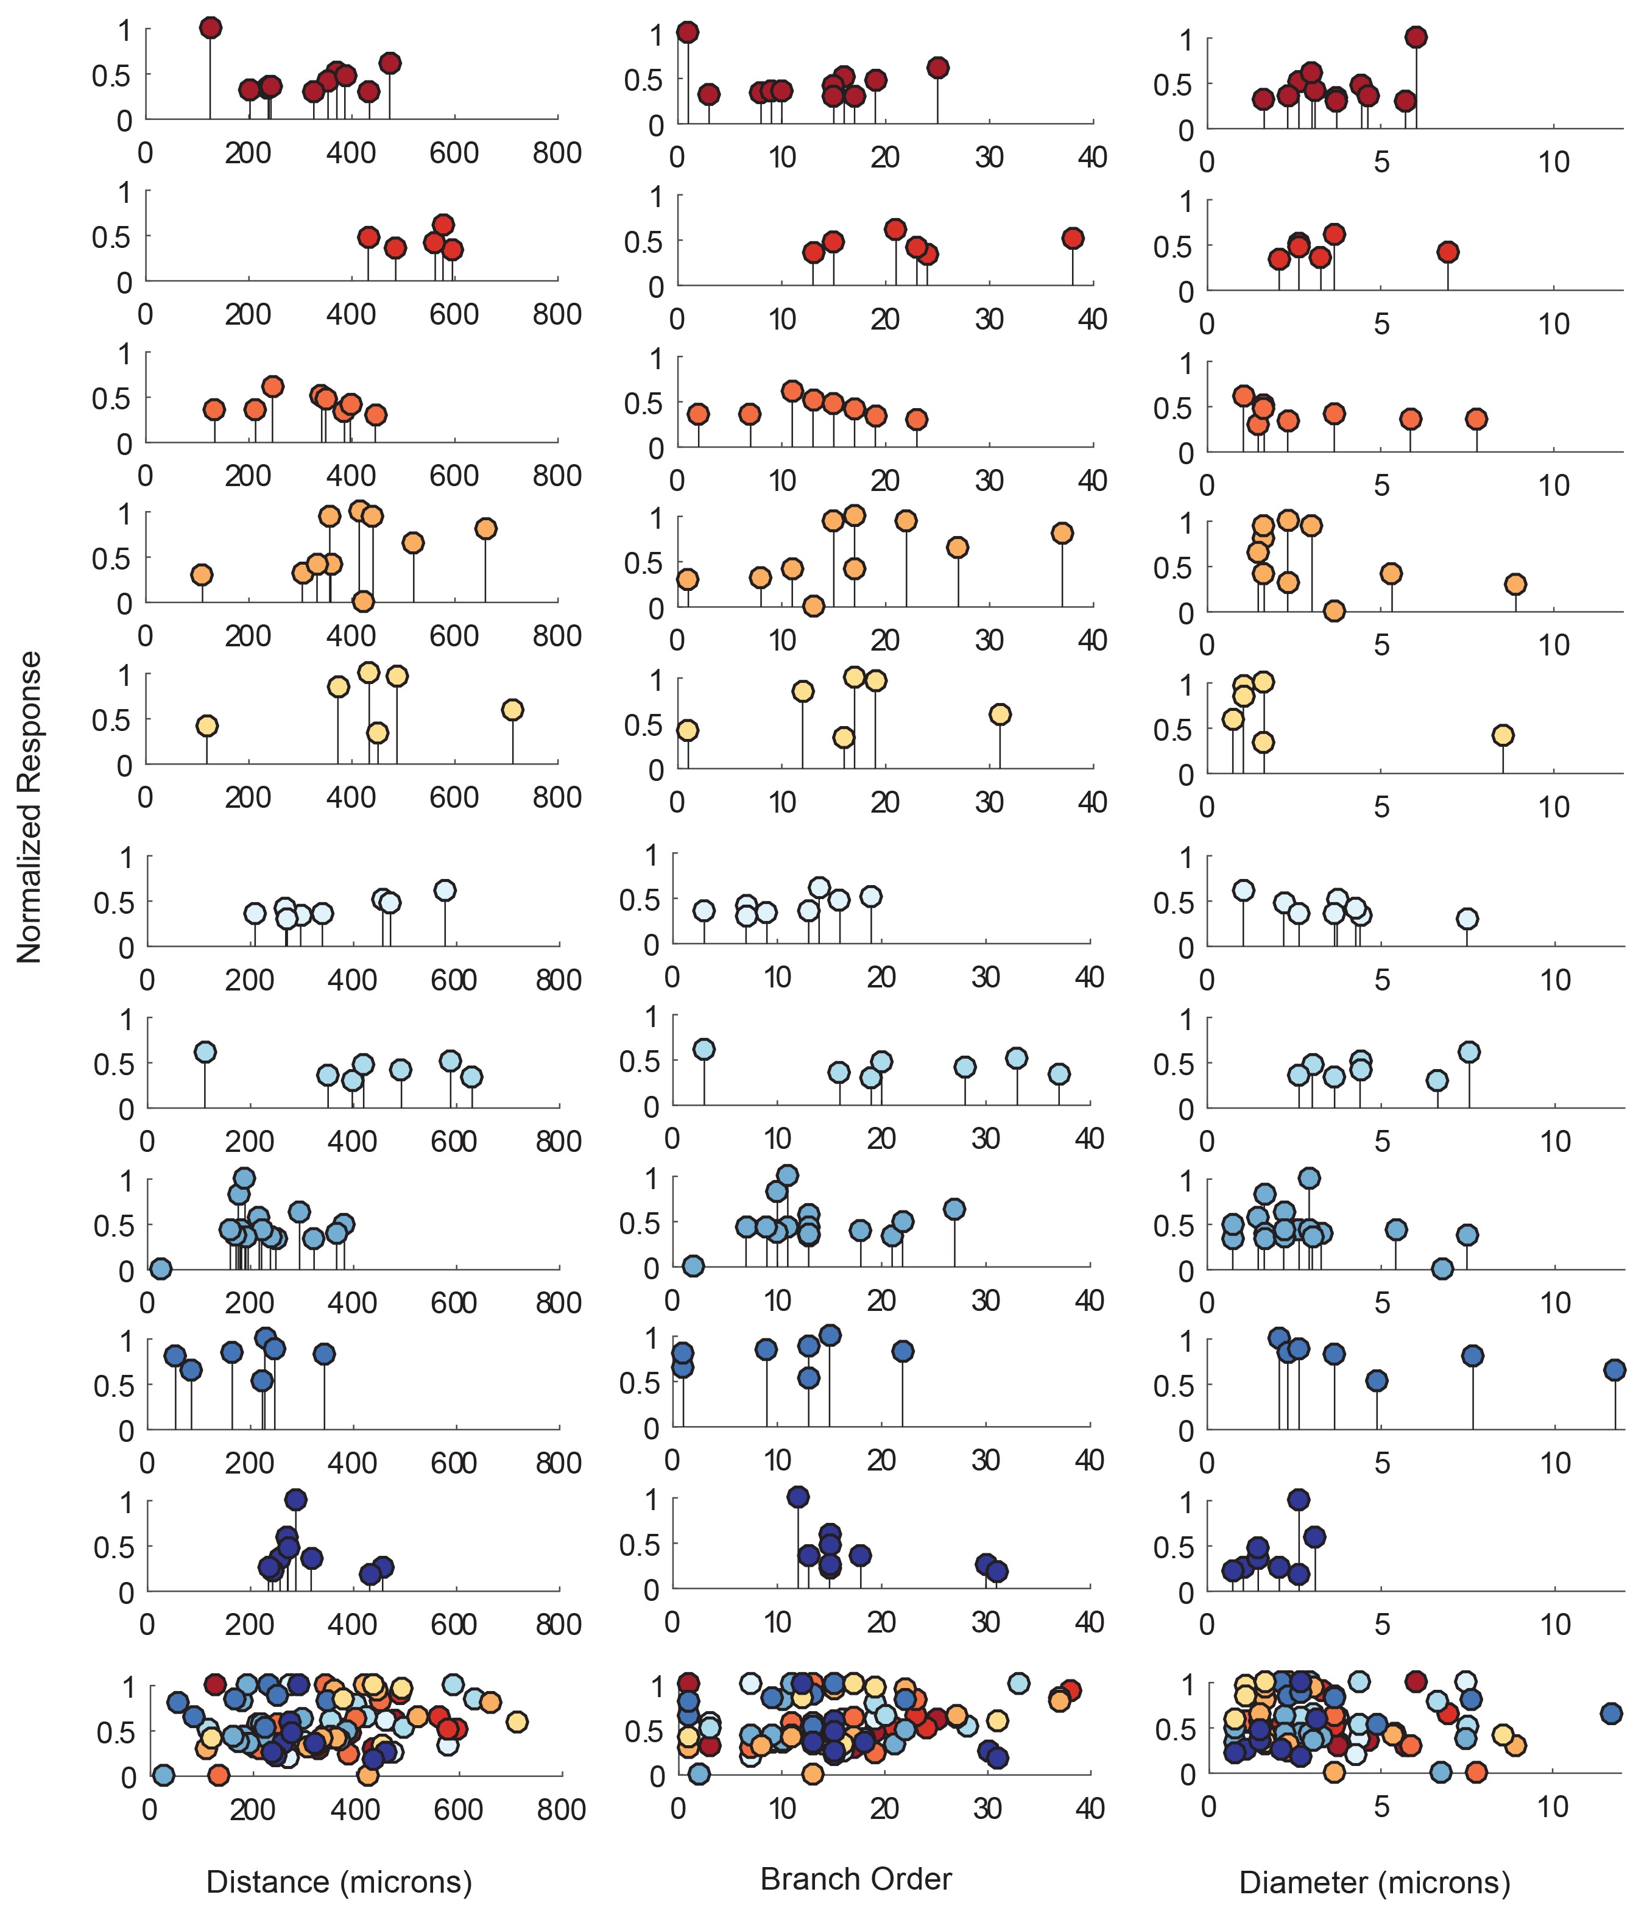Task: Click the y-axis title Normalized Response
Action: pyautogui.click(x=30, y=807)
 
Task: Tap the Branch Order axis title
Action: pyautogui.click(x=855, y=1878)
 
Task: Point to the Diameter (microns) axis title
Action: pyautogui.click(x=1374, y=1882)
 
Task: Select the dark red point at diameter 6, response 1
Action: pyautogui.click(x=1416, y=37)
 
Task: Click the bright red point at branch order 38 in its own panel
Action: pyautogui.click(x=1072, y=238)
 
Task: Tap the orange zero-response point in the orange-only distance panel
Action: pyautogui.click(x=363, y=601)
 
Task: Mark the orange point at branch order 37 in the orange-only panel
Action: pyautogui.click(x=1062, y=533)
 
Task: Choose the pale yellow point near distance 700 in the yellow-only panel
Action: pyautogui.click(x=512, y=710)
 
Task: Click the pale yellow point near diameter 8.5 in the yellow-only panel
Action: pyautogui.click(x=1502, y=735)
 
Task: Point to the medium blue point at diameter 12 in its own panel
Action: pyautogui.click(x=1615, y=1369)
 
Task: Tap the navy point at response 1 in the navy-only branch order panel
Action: pyautogui.click(x=797, y=1497)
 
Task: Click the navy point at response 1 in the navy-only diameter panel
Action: pyautogui.click(x=1298, y=1500)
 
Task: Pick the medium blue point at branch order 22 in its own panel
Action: pyautogui.click(x=901, y=1351)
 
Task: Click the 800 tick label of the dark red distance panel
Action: pyautogui.click(x=557, y=154)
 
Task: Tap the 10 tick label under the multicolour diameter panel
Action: pyautogui.click(x=1552, y=1806)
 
